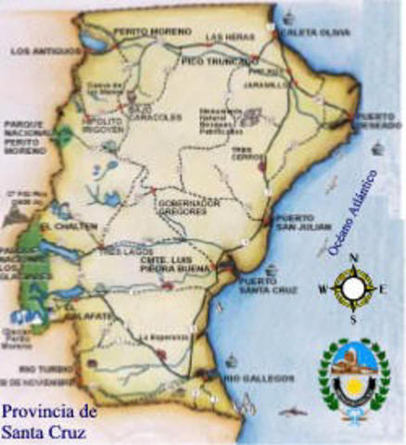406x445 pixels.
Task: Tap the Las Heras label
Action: tap(224, 36)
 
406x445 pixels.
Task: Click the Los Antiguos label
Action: tap(39, 53)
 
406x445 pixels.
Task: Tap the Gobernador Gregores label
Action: tap(188, 207)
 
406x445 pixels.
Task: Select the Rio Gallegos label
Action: tap(264, 378)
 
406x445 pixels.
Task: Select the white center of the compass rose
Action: tap(351, 289)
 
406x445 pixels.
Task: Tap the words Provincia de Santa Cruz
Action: tap(48, 419)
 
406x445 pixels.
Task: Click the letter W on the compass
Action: tap(322, 289)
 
